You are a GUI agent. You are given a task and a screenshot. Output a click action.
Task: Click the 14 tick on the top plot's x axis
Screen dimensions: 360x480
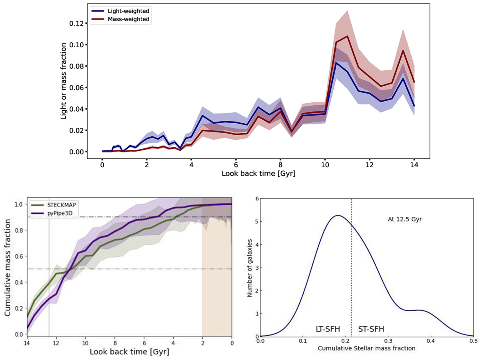tap(414, 164)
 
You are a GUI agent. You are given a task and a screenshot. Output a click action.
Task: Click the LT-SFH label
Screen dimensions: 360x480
tap(328, 329)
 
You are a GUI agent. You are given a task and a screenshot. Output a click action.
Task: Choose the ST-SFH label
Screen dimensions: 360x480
tap(370, 329)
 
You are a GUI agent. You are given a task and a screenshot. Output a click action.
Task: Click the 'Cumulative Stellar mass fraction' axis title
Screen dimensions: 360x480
tap(367, 348)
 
